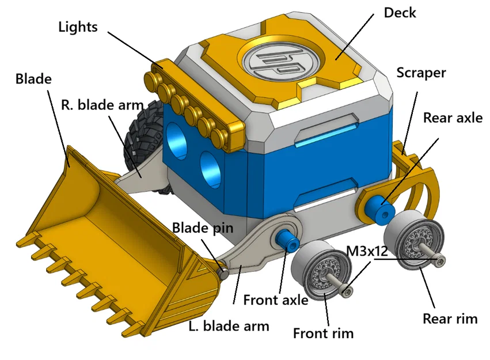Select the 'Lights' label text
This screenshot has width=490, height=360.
click(78, 26)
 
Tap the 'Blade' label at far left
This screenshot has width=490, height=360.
click(33, 78)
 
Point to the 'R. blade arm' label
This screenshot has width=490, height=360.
click(99, 105)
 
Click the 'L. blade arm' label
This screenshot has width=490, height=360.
click(229, 326)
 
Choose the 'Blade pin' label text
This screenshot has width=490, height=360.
click(203, 228)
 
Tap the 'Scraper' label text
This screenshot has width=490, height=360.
click(421, 73)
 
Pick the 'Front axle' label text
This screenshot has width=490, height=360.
click(276, 300)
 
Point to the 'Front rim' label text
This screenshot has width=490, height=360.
click(323, 333)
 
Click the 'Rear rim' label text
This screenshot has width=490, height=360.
click(450, 319)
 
